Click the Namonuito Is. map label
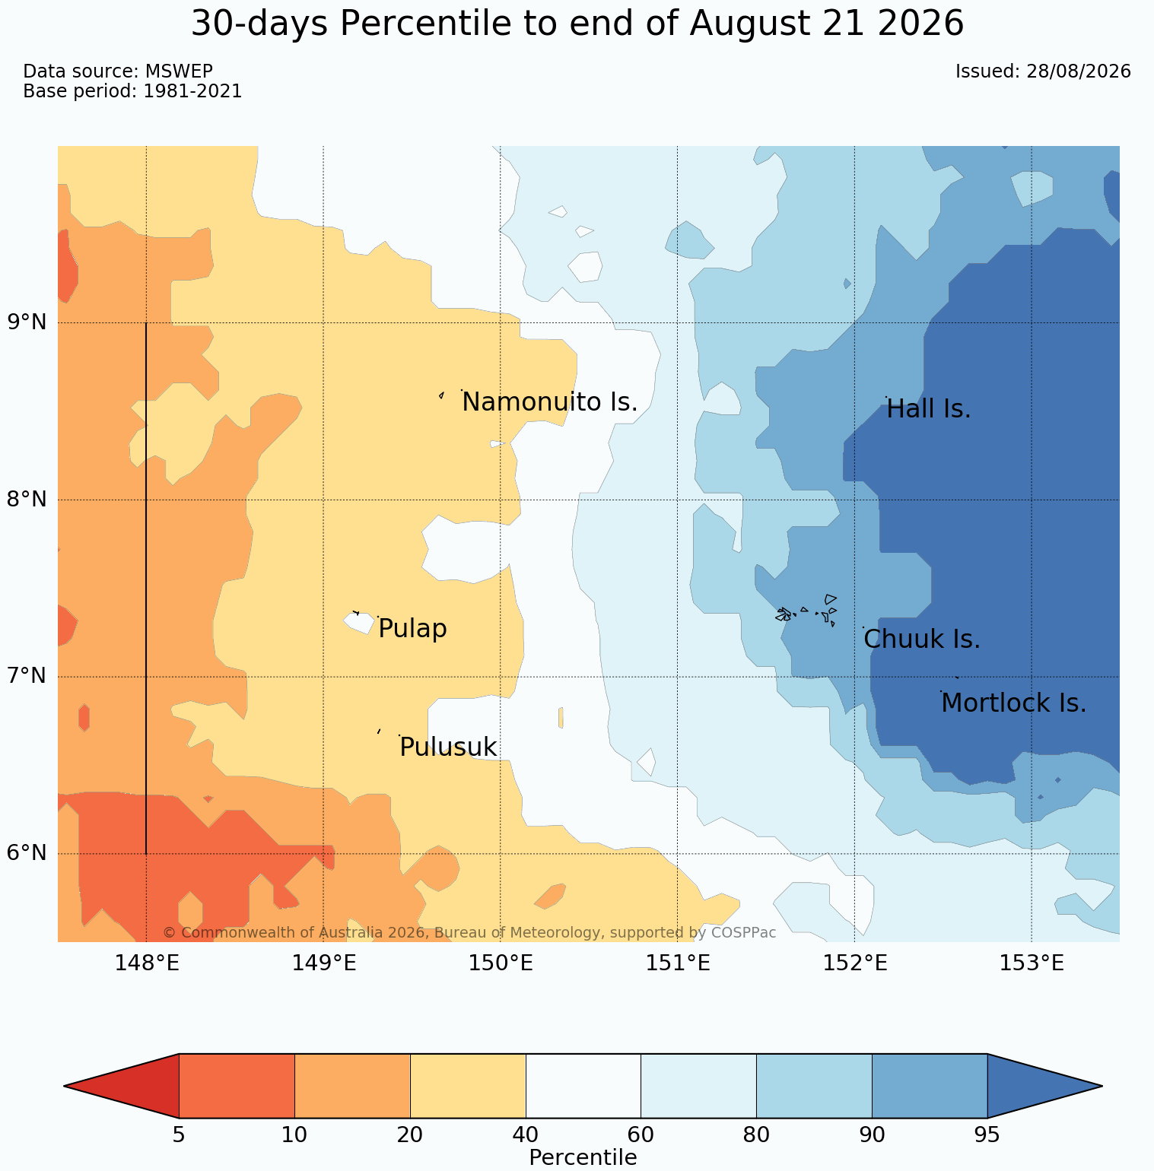pos(549,401)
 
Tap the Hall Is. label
pos(929,409)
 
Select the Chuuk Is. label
pos(922,639)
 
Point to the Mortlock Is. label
pos(1013,703)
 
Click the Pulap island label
pos(412,630)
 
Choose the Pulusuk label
pos(448,747)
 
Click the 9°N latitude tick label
pos(27,322)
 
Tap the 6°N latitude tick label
pos(27,853)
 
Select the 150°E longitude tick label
pos(500,963)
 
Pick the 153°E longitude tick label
pos(1032,963)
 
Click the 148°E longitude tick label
pos(146,963)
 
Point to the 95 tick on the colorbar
pos(987,1136)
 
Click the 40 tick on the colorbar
pos(526,1136)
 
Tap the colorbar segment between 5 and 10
pos(237,1086)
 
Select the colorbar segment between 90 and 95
pos(930,1086)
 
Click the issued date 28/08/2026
pos(1078,71)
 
